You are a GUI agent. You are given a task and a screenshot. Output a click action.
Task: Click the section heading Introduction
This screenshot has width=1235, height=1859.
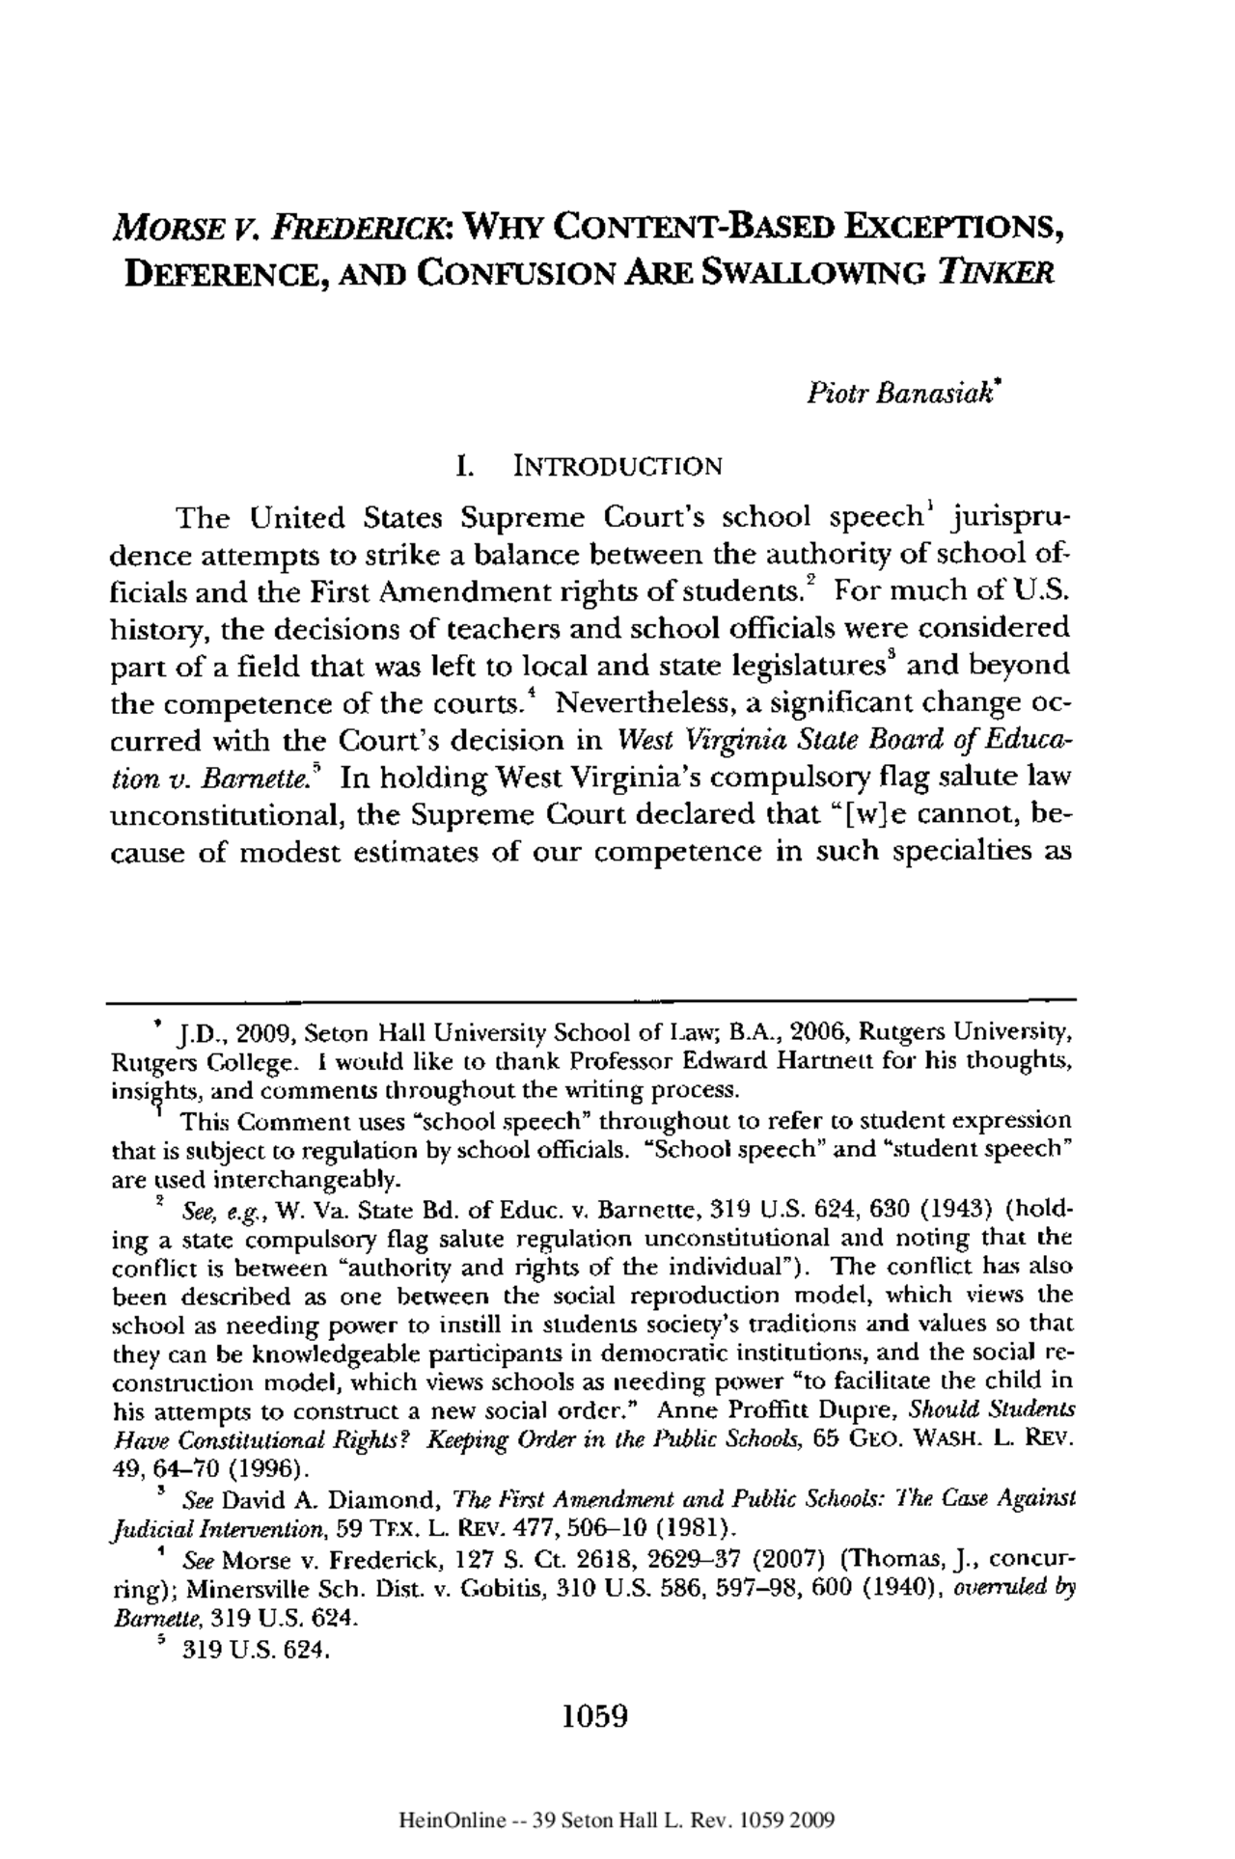(x=618, y=469)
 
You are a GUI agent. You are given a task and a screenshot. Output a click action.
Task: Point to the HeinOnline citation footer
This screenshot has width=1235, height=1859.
(x=616, y=1821)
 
